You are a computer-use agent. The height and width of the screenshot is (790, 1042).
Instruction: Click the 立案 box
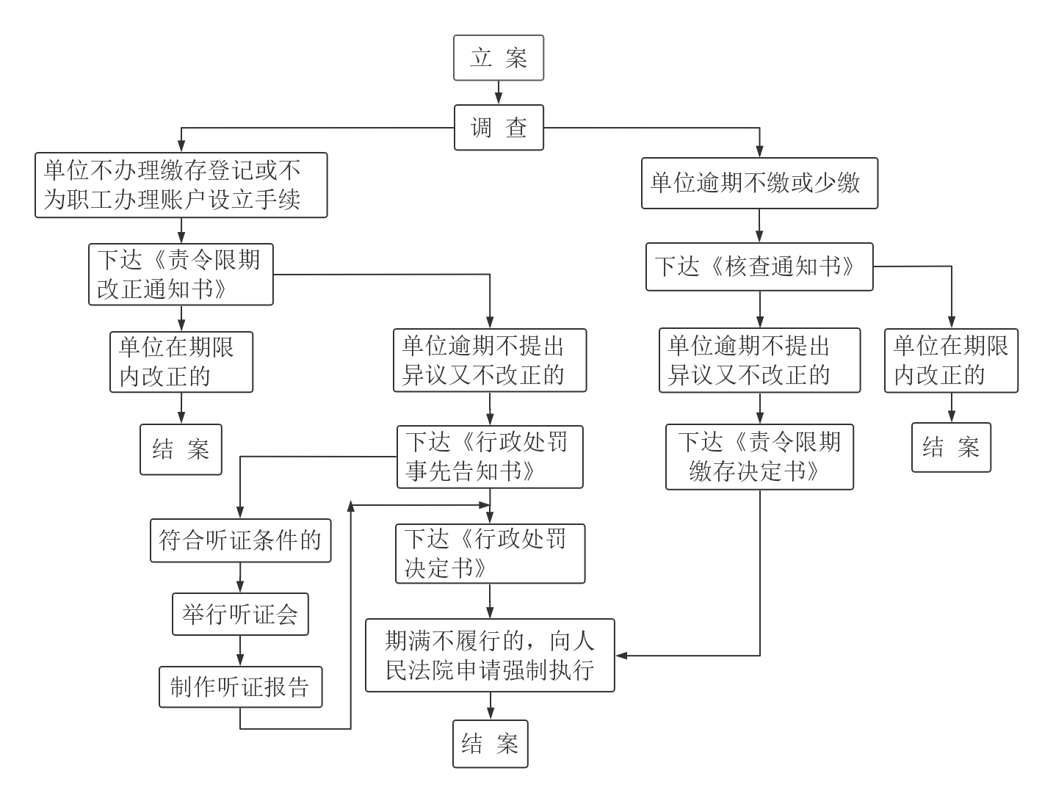click(x=498, y=58)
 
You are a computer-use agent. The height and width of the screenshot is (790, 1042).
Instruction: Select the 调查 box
click(x=499, y=128)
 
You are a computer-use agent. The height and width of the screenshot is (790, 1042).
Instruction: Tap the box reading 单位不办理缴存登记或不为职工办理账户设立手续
click(x=181, y=185)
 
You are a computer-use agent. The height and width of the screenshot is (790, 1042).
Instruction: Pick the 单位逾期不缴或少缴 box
click(x=759, y=183)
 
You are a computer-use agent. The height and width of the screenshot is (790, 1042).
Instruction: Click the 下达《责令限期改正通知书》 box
click(x=181, y=275)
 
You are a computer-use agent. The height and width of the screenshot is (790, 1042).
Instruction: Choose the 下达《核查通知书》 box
click(x=759, y=267)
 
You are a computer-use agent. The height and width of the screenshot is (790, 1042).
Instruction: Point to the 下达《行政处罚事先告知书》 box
click(x=490, y=457)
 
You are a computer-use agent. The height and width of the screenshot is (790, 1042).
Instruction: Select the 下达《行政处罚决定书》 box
click(x=490, y=554)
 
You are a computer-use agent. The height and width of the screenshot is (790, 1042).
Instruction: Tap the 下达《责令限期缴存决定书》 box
click(x=759, y=457)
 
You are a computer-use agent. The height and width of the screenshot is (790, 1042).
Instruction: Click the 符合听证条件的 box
click(x=240, y=541)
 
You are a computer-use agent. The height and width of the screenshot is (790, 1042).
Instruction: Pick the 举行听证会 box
click(x=240, y=615)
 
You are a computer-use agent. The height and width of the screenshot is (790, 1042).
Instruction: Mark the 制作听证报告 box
click(x=240, y=687)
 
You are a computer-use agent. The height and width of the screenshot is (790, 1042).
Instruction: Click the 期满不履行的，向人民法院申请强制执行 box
click(x=490, y=656)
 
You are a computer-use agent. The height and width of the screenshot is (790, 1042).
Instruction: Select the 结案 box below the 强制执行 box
click(x=490, y=744)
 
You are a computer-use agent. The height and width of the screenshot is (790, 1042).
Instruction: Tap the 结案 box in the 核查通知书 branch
click(x=951, y=447)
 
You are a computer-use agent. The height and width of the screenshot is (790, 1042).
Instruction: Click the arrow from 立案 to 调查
click(x=499, y=93)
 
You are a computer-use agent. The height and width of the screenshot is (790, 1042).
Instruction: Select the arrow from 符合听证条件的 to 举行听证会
click(x=240, y=578)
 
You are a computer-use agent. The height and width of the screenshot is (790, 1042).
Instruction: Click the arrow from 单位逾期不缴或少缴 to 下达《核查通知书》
click(x=759, y=226)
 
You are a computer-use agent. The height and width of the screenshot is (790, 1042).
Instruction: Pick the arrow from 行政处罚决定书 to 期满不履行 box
click(x=490, y=601)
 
